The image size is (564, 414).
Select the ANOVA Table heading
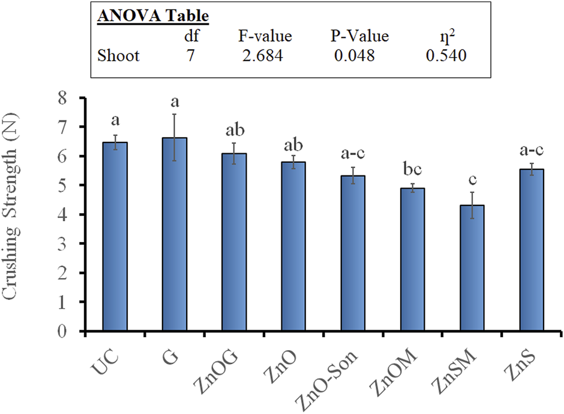152,17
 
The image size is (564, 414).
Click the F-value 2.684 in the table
261,56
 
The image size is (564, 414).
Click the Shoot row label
118,56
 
